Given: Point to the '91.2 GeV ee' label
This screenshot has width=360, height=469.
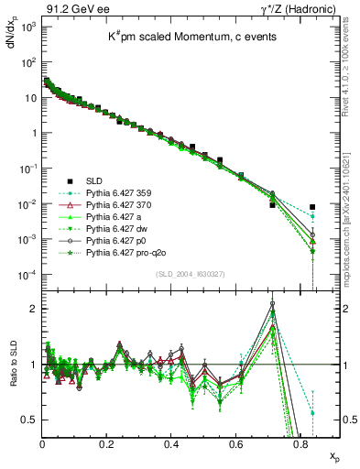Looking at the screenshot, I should point(70,8).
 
